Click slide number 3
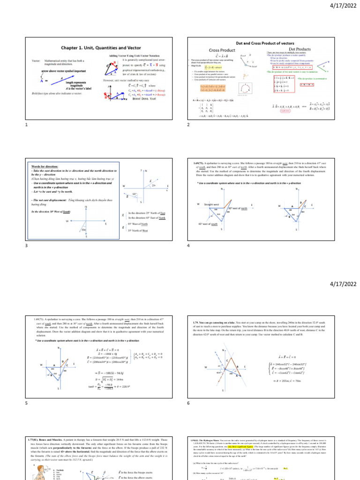(x=27, y=246)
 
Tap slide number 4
(x=188, y=246)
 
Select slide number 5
(x=27, y=403)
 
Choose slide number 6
(x=188, y=403)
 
